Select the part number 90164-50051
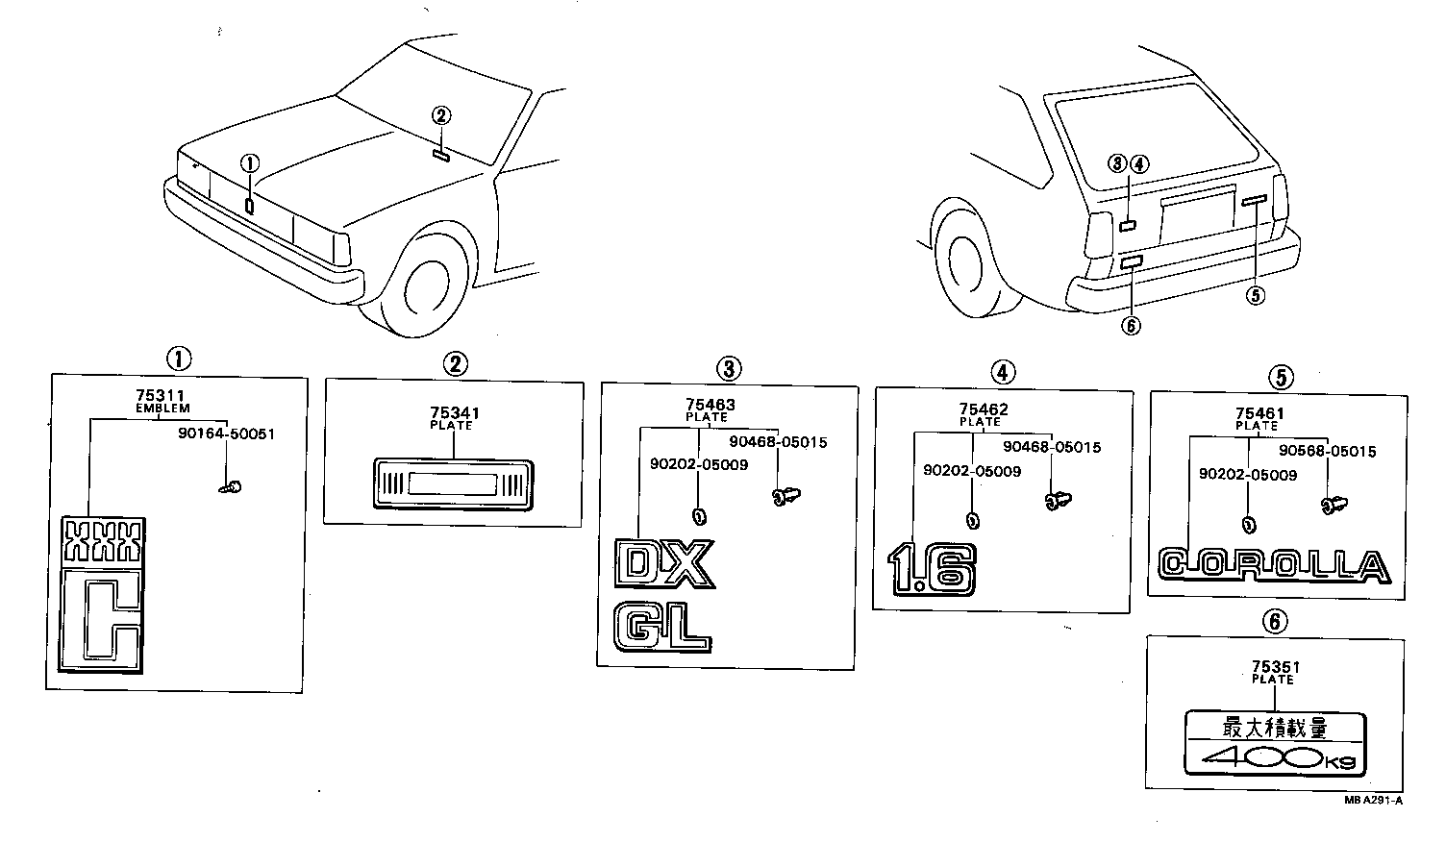(226, 433)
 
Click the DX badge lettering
(664, 564)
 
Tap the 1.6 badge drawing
(931, 569)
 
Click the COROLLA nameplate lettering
(1274, 566)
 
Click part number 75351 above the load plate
(1272, 666)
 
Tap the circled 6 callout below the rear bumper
(1131, 326)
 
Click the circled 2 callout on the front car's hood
(441, 116)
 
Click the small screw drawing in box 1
(230, 487)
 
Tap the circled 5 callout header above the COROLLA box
(1280, 377)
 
